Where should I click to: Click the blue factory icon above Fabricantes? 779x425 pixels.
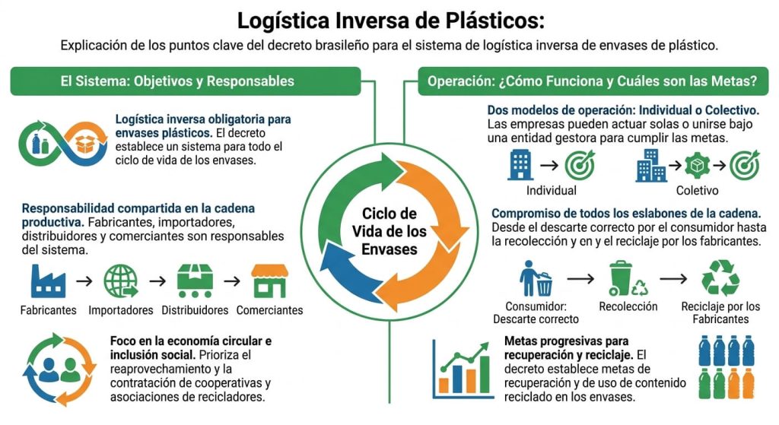click(48, 281)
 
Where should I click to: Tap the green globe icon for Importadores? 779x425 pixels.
click(121, 281)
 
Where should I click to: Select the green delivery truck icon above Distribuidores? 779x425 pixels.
click(195, 281)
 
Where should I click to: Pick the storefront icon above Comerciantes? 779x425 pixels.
click(270, 281)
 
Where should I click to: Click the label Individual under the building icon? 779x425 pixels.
click(552, 191)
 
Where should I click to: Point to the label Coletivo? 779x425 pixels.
click(697, 191)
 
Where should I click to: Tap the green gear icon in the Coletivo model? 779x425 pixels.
click(697, 166)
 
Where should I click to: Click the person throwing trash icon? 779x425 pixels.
click(536, 278)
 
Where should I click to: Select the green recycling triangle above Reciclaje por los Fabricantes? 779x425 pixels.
click(720, 278)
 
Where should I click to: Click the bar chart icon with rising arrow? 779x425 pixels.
click(463, 370)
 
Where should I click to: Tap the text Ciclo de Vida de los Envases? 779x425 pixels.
click(389, 231)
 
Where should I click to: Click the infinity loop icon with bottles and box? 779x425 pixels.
click(63, 144)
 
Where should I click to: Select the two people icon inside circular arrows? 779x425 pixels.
click(59, 370)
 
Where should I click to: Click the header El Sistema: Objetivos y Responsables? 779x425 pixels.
click(177, 81)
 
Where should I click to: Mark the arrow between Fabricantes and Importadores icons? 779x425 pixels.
click(84, 281)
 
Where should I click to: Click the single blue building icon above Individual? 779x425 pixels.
click(520, 165)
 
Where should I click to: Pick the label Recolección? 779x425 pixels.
click(628, 306)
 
